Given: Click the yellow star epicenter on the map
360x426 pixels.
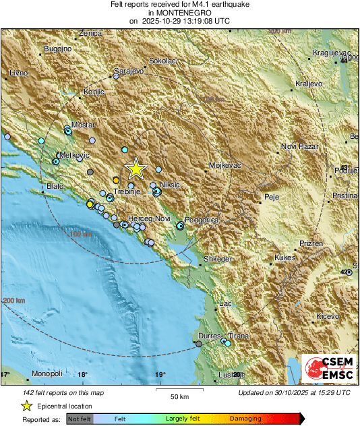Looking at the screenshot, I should tap(136, 169).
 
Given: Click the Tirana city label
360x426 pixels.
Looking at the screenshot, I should tap(238, 336).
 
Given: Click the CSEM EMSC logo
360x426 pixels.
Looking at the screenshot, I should tap(328, 370).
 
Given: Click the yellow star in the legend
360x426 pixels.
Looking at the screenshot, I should tap(26, 406).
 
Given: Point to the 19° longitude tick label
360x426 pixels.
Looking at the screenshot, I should tap(160, 375).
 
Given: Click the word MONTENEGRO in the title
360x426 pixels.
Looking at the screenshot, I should tap(179, 12).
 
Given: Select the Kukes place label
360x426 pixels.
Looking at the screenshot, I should tap(286, 258).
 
